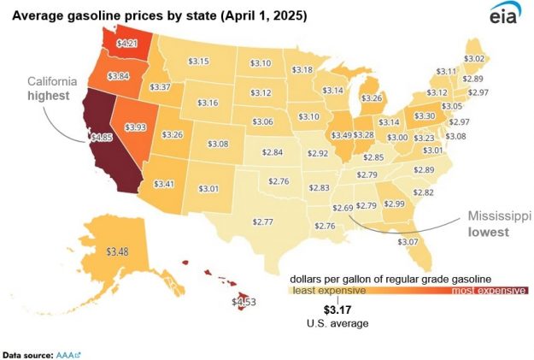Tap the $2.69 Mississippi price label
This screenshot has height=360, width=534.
coord(343,208)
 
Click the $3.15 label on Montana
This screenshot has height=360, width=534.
coord(199,61)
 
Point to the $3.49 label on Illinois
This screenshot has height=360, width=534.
coord(341,135)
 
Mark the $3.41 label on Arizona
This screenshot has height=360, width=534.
coord(166,183)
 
